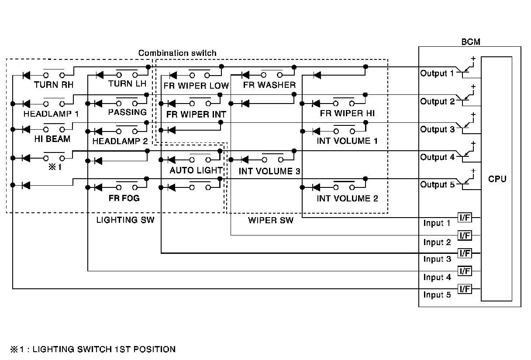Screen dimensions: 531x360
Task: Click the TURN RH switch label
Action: click(x=54, y=85)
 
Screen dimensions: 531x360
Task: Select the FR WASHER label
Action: click(x=269, y=85)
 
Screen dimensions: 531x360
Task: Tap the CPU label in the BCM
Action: click(x=497, y=179)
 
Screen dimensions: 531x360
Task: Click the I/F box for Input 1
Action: click(x=465, y=217)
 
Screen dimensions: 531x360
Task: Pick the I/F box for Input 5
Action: click(x=465, y=289)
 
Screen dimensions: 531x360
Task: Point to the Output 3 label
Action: click(x=438, y=129)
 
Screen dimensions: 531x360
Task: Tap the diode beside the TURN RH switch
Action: click(x=26, y=76)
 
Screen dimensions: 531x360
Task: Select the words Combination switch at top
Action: click(x=177, y=53)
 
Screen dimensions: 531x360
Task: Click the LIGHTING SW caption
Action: click(x=125, y=220)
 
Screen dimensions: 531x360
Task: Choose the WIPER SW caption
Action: click(x=271, y=220)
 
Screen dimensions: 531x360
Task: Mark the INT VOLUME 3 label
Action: click(x=269, y=171)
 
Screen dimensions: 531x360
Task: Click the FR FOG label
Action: click(x=124, y=198)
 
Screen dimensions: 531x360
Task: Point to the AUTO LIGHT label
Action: click(x=196, y=170)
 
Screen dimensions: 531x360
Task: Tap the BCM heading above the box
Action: click(x=471, y=42)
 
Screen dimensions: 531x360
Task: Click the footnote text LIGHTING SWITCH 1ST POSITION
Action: click(x=104, y=350)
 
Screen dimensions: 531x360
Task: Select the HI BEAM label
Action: click(x=52, y=139)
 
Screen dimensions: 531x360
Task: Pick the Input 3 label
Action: click(x=437, y=259)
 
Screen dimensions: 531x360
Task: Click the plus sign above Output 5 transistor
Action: click(x=473, y=171)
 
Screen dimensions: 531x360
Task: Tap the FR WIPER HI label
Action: click(x=347, y=113)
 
